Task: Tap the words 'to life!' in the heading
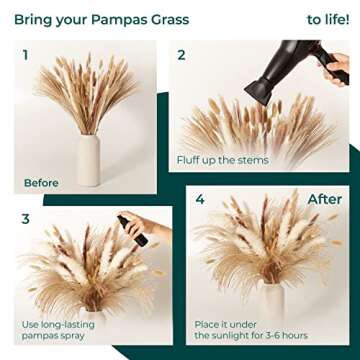[327, 19]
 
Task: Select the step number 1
[26, 55]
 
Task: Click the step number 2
[181, 55]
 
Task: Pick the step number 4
[200, 200]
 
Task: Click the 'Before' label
[41, 183]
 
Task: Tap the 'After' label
[324, 199]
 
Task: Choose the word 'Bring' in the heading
[33, 19]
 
